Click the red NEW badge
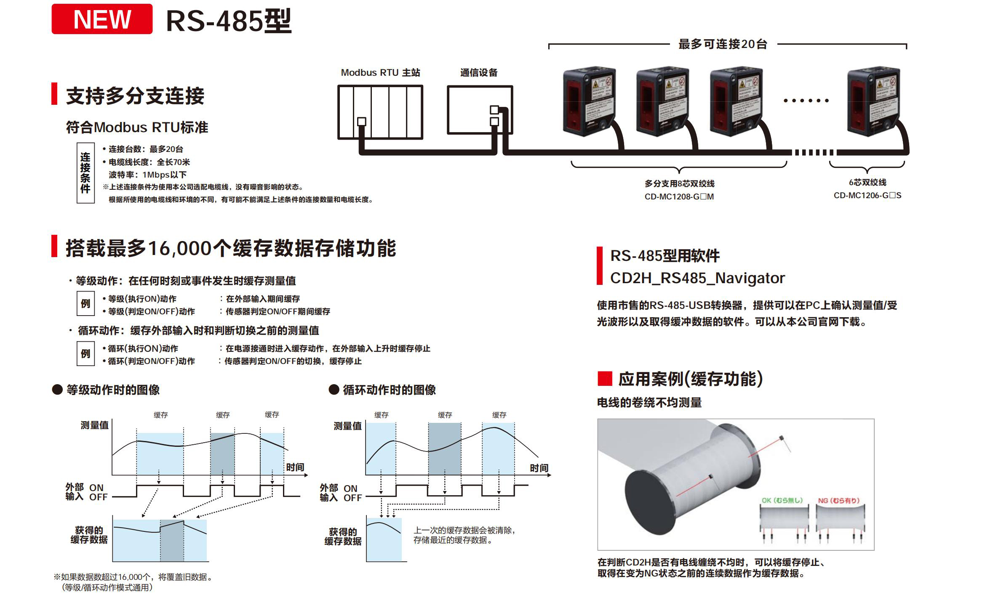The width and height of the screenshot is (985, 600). point(102,19)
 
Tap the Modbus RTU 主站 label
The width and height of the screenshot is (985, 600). point(380,73)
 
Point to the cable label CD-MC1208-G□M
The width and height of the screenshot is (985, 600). point(679,196)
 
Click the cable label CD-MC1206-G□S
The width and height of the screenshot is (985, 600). point(867,196)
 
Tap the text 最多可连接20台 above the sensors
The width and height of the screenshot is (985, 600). point(723,44)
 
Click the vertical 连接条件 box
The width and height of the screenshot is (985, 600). point(85,173)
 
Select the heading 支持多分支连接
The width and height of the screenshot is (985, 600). point(135,96)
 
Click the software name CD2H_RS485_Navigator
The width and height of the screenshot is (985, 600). point(697,278)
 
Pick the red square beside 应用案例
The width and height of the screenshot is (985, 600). point(605,378)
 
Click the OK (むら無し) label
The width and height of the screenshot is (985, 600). point(782,500)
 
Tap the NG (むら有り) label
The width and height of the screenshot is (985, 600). point(838,500)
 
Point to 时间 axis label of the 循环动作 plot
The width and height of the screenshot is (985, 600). point(539,468)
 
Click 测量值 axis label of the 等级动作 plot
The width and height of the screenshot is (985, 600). point(95,425)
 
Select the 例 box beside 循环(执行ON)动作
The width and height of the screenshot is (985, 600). point(85,353)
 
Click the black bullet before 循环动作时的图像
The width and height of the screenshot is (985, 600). point(334,390)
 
